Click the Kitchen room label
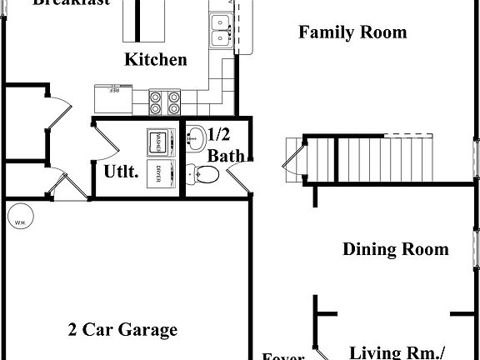coord(156,60)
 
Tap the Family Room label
coord(352,32)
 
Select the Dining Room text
coord(396,249)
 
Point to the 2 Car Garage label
coord(122,330)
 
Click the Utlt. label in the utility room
coord(120,172)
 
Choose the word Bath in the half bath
coord(225,155)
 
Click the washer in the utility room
coord(156,142)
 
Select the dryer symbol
coord(157,173)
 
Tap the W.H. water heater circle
coord(19,221)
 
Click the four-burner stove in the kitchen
coord(165,102)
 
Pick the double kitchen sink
coord(220,36)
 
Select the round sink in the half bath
coord(196,138)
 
